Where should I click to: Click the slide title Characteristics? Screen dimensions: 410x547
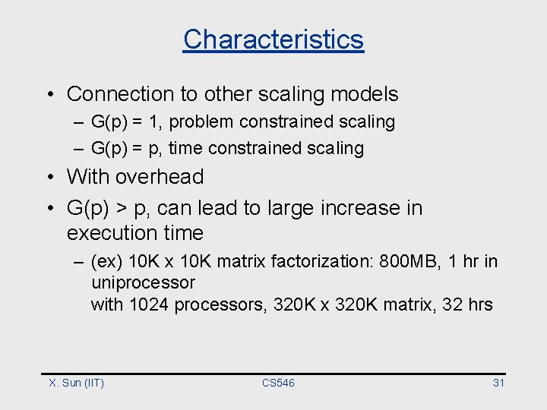point(273,39)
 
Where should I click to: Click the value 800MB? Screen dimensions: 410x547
point(393,262)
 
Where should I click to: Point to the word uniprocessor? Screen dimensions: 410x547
point(143,283)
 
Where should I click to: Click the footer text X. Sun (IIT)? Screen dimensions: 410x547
point(76,383)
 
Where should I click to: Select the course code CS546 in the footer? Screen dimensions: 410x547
point(278,383)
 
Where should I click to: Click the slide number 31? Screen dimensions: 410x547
point(498,383)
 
